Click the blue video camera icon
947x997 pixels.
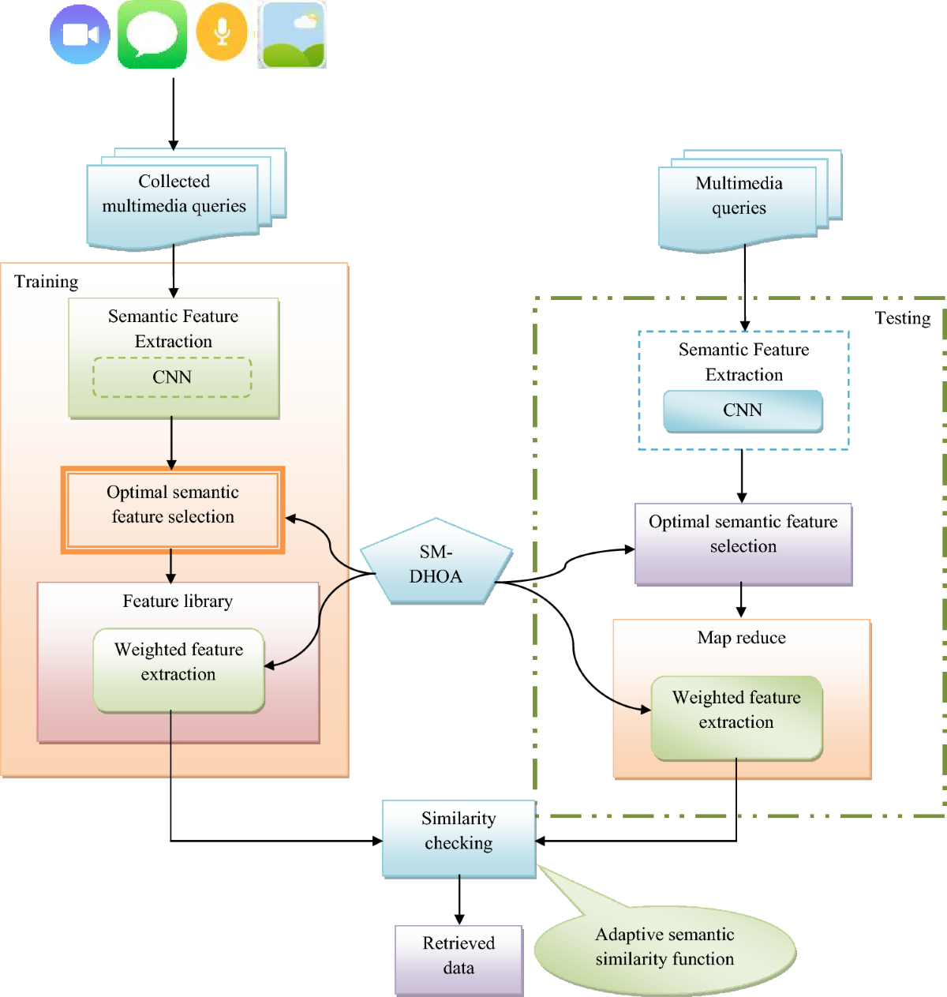pos(80,35)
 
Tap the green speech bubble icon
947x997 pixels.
pos(152,34)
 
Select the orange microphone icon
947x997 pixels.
pos(222,32)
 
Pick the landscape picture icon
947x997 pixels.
pos(292,35)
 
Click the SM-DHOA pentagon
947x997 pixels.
pos(436,562)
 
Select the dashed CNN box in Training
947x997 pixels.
pos(172,377)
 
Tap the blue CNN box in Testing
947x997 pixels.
pos(743,410)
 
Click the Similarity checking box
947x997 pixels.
pos(459,839)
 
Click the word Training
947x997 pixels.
pos(46,282)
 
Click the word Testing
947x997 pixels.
pos(902,318)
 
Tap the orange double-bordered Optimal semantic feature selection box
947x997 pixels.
pos(172,510)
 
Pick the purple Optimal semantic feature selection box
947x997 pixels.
pos(743,544)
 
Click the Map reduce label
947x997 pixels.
pos(741,638)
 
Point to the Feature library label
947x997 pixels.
pos(178,601)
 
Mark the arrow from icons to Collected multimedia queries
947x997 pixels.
pos(174,114)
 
